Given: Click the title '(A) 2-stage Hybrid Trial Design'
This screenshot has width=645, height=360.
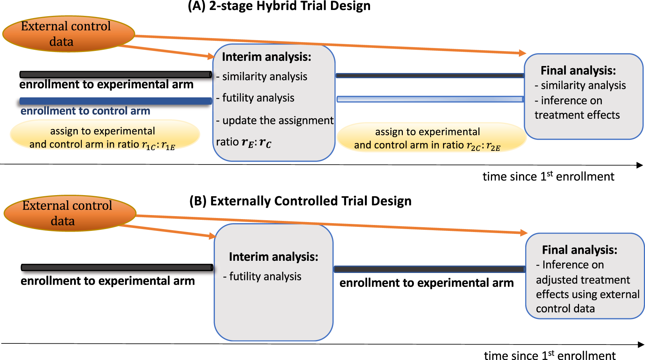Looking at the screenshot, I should (x=279, y=6).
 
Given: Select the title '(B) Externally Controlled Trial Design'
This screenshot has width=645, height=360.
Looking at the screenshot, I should (x=300, y=201).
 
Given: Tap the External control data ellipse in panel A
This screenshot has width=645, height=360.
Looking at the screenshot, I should (x=68, y=34).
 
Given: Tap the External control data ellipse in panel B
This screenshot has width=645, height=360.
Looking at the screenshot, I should (x=70, y=213).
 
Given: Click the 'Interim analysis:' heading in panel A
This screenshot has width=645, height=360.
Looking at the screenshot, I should (x=266, y=57).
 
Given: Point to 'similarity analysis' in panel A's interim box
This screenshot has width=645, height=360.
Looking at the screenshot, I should (x=265, y=76).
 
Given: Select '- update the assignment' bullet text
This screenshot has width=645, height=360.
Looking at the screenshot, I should (x=275, y=121).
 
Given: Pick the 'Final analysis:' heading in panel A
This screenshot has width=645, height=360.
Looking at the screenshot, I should (x=578, y=70).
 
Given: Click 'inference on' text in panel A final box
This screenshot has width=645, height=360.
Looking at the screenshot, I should (x=571, y=100).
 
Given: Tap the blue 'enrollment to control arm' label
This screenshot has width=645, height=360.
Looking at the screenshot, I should (x=85, y=111).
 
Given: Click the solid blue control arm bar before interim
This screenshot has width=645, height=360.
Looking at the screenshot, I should (x=115, y=101).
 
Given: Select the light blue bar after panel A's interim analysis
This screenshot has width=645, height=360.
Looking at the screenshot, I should (x=430, y=99).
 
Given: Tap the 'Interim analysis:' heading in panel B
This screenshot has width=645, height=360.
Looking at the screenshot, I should (x=273, y=257).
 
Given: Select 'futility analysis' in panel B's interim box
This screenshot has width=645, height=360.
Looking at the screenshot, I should (x=265, y=276).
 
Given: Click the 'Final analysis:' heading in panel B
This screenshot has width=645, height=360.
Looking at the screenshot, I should (x=579, y=250).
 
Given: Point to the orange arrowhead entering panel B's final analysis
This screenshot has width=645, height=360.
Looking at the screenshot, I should (x=523, y=232).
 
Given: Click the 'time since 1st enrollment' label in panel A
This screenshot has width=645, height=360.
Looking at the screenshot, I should (x=548, y=177).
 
